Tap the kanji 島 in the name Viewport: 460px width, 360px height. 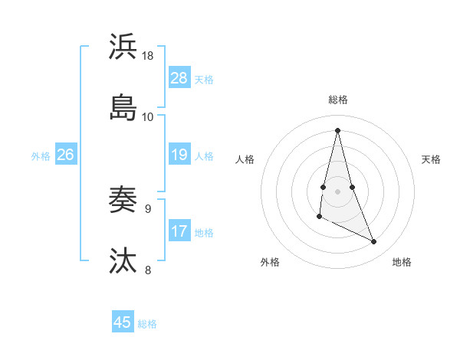(x=123, y=106)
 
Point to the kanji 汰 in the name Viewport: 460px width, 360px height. (x=123, y=260)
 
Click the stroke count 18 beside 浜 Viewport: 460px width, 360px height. (x=148, y=56)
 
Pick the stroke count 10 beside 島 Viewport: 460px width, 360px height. (x=148, y=116)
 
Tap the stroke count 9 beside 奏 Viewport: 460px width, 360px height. (x=148, y=208)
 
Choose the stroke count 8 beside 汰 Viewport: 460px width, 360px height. (x=148, y=270)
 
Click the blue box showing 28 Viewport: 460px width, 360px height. (x=179, y=78)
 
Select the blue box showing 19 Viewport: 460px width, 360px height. (x=179, y=155)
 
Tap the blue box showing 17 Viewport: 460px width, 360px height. (x=179, y=231)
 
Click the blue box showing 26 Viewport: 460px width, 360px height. (x=66, y=155)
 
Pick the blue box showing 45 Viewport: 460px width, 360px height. (x=123, y=322)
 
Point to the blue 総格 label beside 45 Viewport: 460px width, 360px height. (x=147, y=324)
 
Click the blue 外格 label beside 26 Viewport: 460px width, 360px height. (x=41, y=156)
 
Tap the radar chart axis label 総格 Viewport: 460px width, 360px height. (x=338, y=100)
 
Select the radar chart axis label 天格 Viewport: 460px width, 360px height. (x=431, y=159)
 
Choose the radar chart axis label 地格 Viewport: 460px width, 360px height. (x=402, y=263)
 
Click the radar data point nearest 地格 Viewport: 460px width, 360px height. (x=374, y=242)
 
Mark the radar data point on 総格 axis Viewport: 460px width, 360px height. (x=337, y=129)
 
